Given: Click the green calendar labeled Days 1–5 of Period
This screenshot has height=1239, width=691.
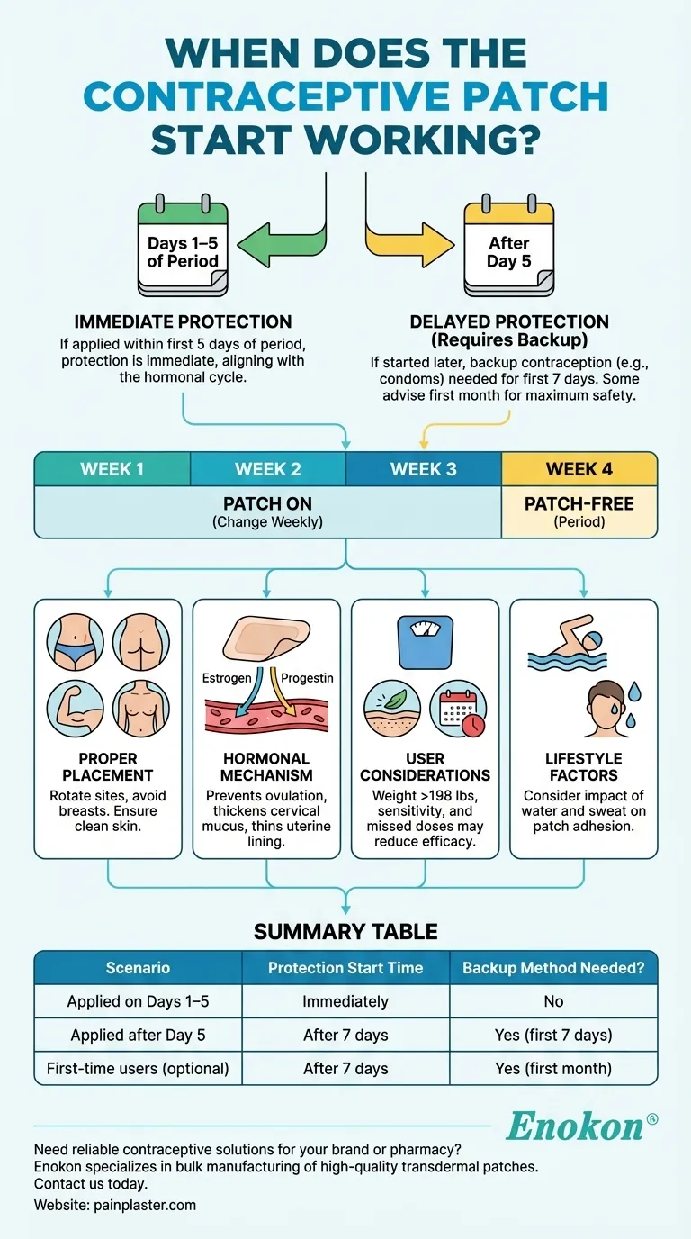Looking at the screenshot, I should tap(183, 249).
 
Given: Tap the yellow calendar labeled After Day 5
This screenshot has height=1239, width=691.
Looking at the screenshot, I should tap(508, 249).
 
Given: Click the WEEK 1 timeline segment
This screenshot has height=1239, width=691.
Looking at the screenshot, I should tap(112, 469).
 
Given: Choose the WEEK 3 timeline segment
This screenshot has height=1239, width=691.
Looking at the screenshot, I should tap(423, 469).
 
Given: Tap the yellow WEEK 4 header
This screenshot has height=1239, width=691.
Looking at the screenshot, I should tap(579, 469).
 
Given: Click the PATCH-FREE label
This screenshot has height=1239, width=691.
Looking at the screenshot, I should tap(579, 503).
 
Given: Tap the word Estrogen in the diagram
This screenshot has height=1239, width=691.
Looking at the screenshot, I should tap(226, 677).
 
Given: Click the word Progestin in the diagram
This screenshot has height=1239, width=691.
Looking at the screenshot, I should tap(306, 677).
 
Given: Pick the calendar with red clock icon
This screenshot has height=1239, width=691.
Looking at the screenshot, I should tap(459, 710).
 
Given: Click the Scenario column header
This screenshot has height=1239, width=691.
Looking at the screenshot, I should tap(137, 968).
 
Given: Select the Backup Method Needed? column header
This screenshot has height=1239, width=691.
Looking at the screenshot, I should tap(553, 968).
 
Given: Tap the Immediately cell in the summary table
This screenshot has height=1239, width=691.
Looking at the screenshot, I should tap(345, 1001).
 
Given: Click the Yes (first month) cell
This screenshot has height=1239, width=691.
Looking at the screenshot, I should tap(553, 1069).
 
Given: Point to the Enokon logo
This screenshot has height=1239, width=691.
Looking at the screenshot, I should tap(580, 1126).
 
